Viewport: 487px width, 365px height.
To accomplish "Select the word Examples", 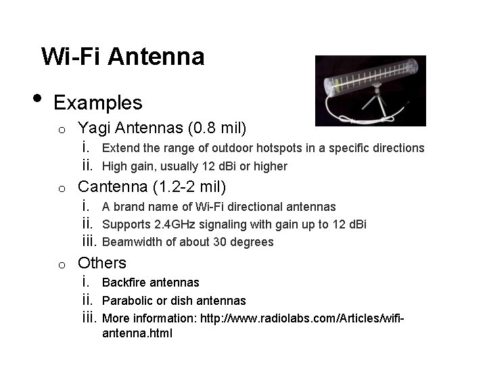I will point(98,103).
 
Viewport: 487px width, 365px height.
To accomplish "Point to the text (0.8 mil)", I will point(218,128).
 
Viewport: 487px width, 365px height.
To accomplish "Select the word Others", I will point(102,263).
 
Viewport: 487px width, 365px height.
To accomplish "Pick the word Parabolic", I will point(125,301).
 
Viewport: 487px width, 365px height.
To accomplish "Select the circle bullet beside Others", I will point(60,264).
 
